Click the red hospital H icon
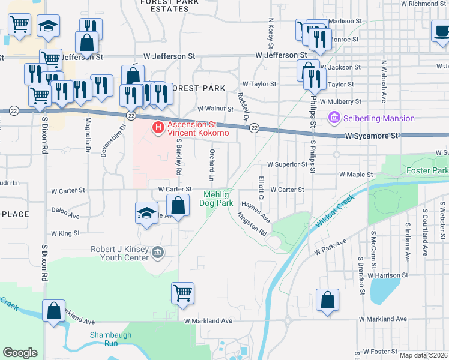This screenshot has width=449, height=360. click(158, 127)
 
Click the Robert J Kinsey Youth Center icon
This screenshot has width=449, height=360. click(158, 253)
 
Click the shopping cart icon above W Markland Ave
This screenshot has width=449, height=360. click(183, 294)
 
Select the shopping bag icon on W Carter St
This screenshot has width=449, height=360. click(178, 207)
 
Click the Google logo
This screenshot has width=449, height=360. click(20, 353)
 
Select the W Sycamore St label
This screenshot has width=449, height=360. click(372, 136)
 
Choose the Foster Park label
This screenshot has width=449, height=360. click(427, 171)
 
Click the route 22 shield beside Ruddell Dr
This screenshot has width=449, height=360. click(254, 128)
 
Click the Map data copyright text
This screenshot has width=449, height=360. click(423, 355)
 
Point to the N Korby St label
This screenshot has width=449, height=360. click(271, 34)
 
